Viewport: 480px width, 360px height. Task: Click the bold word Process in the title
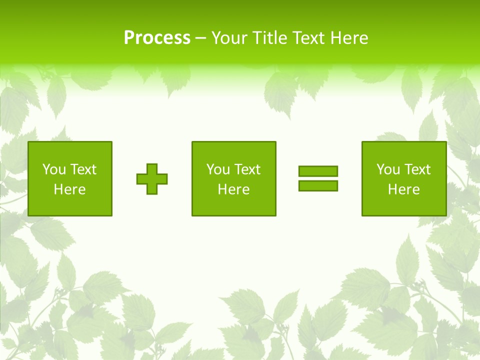coord(157,38)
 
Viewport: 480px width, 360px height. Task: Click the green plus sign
coord(152,178)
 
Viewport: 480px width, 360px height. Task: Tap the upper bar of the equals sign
coord(318,171)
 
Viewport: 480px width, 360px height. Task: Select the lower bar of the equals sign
coord(318,185)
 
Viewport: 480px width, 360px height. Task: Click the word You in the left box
coord(54,169)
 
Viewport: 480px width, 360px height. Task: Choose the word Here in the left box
coord(69,189)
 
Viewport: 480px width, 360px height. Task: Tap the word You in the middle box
coord(218,169)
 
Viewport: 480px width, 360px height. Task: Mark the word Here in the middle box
coord(233,189)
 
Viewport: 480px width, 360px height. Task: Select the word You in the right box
coord(388,169)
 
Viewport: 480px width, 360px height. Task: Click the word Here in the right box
coord(403,189)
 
